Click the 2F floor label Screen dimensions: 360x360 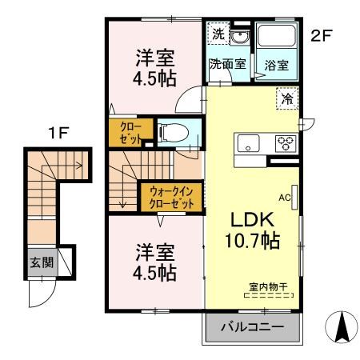[322, 36]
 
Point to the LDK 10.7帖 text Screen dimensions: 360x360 [254, 230]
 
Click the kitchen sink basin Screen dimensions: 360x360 [247, 145]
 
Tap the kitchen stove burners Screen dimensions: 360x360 [285, 144]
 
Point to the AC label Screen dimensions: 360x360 [284, 194]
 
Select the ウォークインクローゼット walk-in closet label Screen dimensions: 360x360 [172, 197]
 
